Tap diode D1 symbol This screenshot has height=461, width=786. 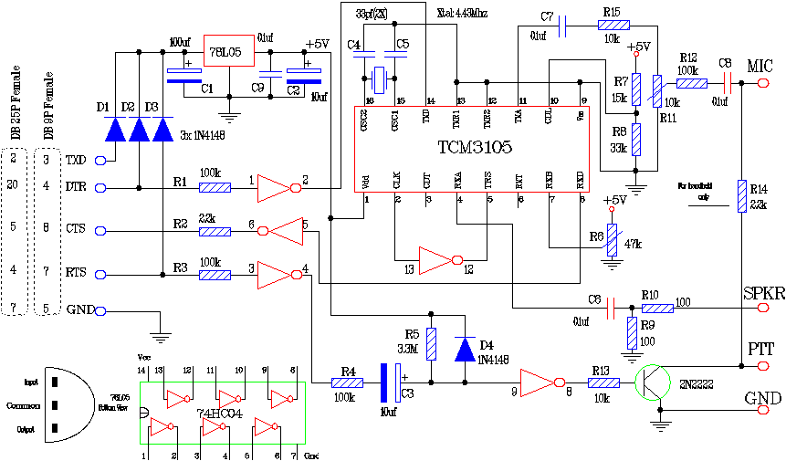click(x=115, y=129)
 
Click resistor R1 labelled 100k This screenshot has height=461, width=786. click(x=215, y=189)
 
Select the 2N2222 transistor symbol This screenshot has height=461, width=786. click(x=655, y=384)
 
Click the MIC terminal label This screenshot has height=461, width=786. click(x=760, y=67)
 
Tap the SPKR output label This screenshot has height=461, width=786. click(x=763, y=296)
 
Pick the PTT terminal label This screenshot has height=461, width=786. click(x=761, y=349)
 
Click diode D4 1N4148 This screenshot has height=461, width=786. click(x=465, y=349)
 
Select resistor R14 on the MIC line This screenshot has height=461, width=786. click(x=740, y=195)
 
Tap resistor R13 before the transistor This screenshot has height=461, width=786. click(x=603, y=383)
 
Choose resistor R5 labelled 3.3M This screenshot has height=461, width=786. click(x=432, y=343)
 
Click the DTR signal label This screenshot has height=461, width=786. click(x=76, y=188)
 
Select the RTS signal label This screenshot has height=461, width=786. click(x=76, y=272)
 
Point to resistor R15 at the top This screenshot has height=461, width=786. click(x=610, y=28)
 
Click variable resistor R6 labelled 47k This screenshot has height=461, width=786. click(x=611, y=240)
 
